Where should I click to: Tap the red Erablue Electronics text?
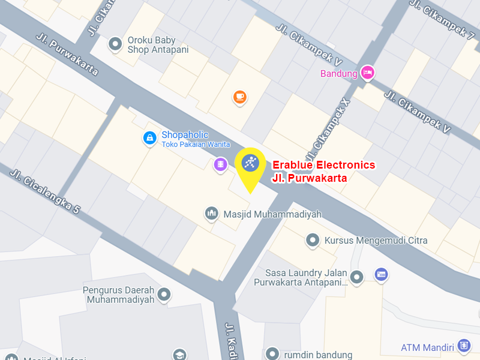(x=324, y=165)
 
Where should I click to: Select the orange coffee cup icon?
(x=239, y=97)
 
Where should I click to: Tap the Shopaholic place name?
(x=185, y=135)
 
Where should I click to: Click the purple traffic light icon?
(x=221, y=164)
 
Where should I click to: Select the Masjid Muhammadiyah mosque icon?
(x=211, y=214)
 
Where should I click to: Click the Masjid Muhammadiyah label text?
(x=272, y=214)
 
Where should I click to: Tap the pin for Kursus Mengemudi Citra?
(x=313, y=241)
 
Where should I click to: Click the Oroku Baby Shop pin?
(x=115, y=44)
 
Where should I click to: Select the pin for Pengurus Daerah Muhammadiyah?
(x=164, y=294)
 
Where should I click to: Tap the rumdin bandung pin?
(x=273, y=353)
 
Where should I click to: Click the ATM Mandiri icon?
(x=463, y=346)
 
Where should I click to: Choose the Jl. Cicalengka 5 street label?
(x=45, y=191)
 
